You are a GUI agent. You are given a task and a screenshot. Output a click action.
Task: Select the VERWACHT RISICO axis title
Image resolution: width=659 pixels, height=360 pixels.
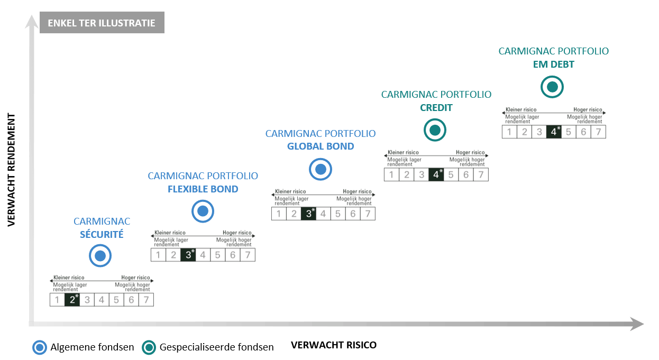coord(334,345)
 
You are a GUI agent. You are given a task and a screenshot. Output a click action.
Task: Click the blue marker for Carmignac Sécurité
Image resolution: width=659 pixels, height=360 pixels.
coord(100,256)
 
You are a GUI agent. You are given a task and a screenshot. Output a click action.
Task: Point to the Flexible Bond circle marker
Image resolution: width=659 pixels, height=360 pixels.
coord(203,211)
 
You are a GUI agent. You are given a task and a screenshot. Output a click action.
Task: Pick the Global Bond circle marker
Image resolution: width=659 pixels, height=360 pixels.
coord(320,170)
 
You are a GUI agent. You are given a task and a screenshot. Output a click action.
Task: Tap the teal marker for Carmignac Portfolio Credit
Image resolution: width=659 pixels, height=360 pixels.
coord(435,130)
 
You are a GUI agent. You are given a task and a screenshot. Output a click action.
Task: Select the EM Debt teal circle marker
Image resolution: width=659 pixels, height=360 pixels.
coord(552,87)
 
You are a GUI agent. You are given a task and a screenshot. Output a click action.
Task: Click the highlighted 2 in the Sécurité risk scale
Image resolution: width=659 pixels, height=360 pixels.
coord(72,300)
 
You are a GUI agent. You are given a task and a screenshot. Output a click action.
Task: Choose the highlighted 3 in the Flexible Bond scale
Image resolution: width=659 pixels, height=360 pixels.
coord(188,255)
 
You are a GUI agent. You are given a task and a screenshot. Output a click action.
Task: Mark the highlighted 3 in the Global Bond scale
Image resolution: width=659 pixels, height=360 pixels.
coord(309,214)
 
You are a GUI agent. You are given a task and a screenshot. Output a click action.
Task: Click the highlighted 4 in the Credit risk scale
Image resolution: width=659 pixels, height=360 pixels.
coord(436,174)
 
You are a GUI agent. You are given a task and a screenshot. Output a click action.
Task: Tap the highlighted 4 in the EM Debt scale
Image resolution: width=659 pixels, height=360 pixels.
coord(554,132)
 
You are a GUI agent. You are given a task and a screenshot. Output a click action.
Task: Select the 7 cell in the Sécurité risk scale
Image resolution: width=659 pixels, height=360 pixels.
coord(146,300)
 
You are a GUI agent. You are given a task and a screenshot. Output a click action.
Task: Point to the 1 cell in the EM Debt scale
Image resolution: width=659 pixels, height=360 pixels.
coord(509,132)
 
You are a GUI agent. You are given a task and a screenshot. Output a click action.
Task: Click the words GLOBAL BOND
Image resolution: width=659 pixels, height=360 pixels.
coord(320,146)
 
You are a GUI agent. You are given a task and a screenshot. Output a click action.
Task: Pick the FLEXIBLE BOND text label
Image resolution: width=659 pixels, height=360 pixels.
coord(203,189)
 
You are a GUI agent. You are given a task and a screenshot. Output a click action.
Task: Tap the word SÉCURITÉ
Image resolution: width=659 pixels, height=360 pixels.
coord(101,234)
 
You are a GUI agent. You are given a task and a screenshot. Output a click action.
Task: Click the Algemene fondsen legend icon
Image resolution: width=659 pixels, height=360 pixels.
coord(40,347)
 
